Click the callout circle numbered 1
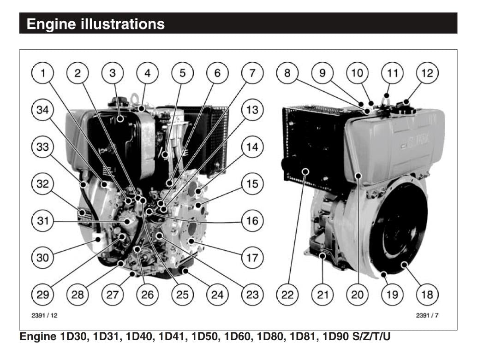(x=43, y=73)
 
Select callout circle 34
(x=43, y=110)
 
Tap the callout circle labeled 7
(x=252, y=73)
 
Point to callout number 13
(x=252, y=110)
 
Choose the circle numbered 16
(x=252, y=220)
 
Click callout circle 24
(x=217, y=294)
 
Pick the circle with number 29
(x=43, y=294)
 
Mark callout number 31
(x=43, y=220)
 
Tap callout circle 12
(x=427, y=73)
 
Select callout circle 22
(x=287, y=294)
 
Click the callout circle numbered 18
(x=427, y=294)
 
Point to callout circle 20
(x=358, y=294)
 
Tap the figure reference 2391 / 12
(x=44, y=316)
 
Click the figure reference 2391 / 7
(x=426, y=316)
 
